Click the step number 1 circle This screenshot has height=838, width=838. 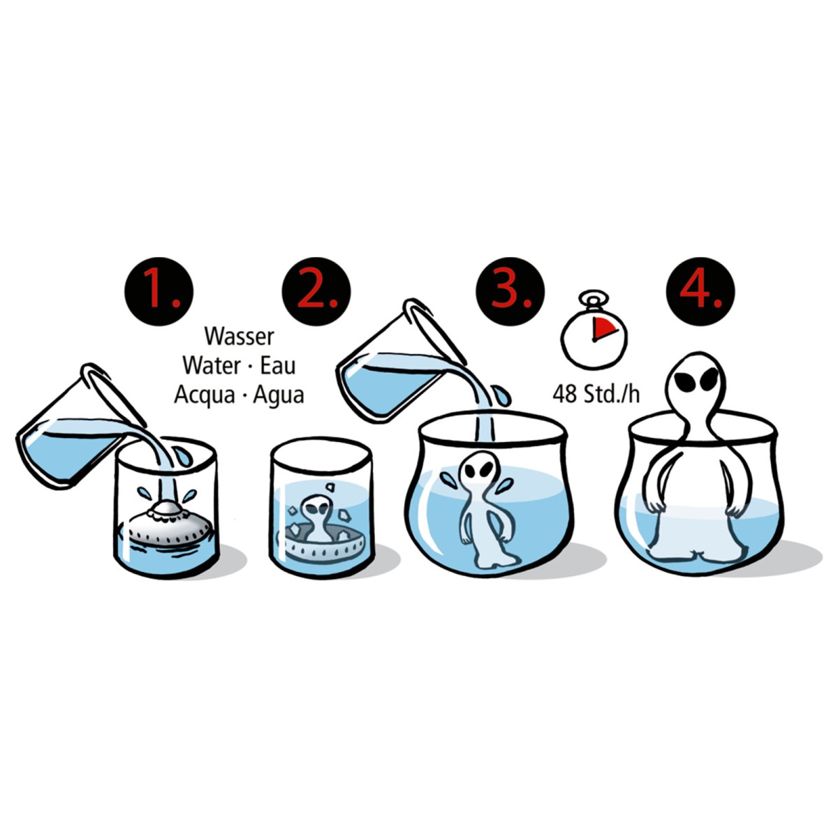pos(159,291)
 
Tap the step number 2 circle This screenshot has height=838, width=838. pos(316,291)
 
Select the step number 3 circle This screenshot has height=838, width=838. pos(510,291)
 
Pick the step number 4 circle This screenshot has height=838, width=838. pos(700,291)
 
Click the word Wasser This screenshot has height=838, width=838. pos(240,336)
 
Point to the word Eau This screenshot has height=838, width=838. pos(278,365)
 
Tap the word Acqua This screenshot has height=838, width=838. pos(204,395)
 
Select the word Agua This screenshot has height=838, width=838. pos(279,395)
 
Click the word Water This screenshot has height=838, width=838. pos(212,365)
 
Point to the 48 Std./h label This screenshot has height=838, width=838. pos(596,394)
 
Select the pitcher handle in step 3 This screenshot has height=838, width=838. pos(435,331)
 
